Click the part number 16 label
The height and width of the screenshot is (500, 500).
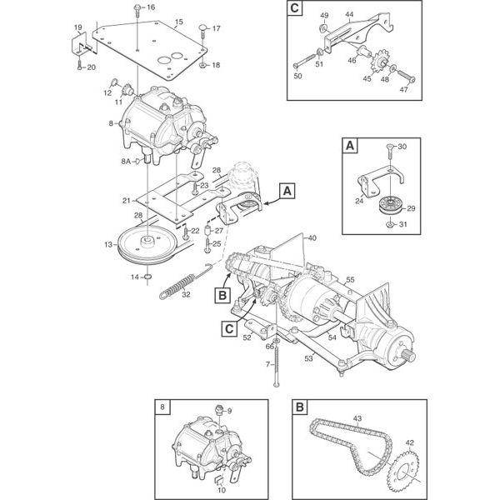click(151, 7)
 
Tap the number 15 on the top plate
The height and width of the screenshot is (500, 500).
click(177, 21)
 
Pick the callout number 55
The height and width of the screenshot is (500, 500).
click(351, 279)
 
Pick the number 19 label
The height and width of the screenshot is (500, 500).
click(77, 28)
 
